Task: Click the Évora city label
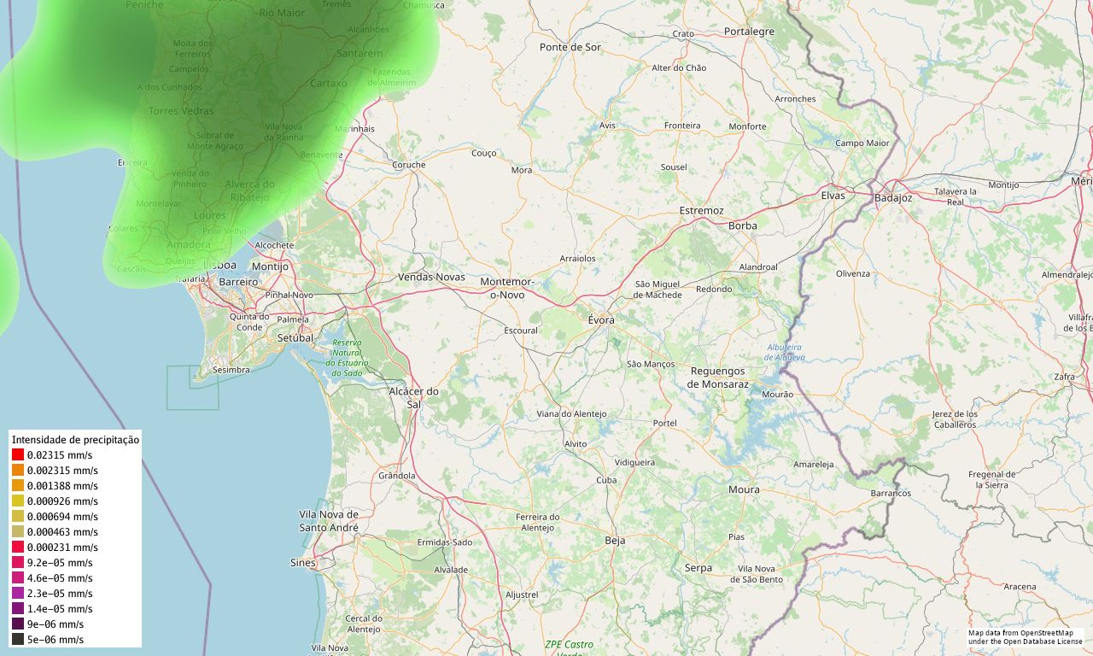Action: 601,319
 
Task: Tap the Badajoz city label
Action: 893,198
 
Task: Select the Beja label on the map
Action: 615,541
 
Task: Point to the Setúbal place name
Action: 296,338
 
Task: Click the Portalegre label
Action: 749,32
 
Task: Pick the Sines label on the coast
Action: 303,563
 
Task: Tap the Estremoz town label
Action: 701,210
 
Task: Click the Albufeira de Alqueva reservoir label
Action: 786,352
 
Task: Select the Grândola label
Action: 396,476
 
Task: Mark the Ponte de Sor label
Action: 570,47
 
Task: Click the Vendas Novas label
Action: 431,277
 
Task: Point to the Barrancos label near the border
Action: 891,494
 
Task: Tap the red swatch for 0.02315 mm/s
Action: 18,455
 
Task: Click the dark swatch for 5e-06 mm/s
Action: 18,640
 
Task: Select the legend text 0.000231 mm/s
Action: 62,548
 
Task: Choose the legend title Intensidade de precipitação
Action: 75,440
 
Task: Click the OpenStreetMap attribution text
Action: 1025,637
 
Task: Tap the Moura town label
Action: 744,489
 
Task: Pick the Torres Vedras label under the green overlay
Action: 181,111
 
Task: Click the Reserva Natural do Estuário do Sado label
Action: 347,358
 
